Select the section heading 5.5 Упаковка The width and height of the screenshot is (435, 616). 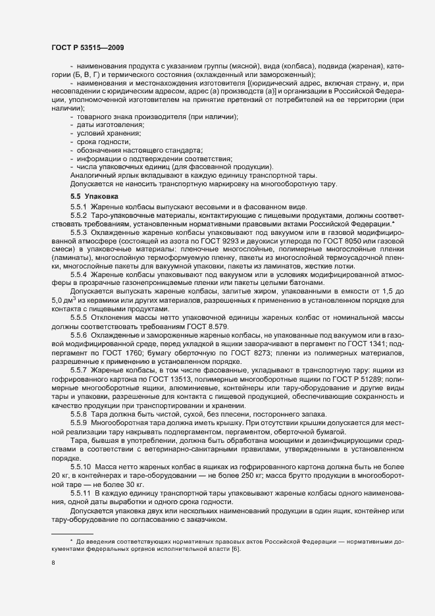point(95,196)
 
